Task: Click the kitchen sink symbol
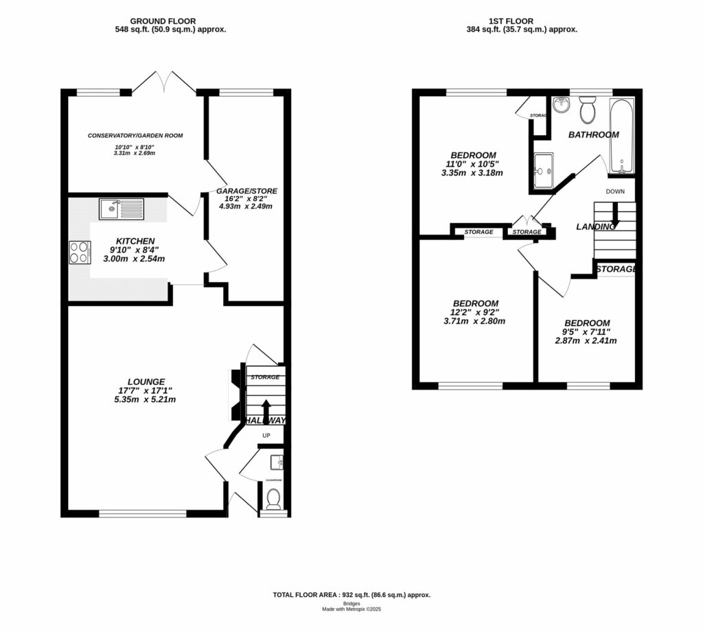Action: point(121,208)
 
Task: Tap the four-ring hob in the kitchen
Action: point(79,252)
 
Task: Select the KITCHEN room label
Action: point(135,241)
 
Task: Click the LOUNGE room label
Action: point(146,381)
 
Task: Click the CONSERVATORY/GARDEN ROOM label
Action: point(135,135)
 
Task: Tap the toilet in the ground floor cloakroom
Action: point(273,499)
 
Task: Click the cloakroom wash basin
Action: point(277,460)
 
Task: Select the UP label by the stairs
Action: point(266,435)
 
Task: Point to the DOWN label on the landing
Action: point(615,191)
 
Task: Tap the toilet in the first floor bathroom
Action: point(588,108)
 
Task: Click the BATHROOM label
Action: point(593,134)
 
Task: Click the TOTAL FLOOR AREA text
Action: point(351,595)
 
